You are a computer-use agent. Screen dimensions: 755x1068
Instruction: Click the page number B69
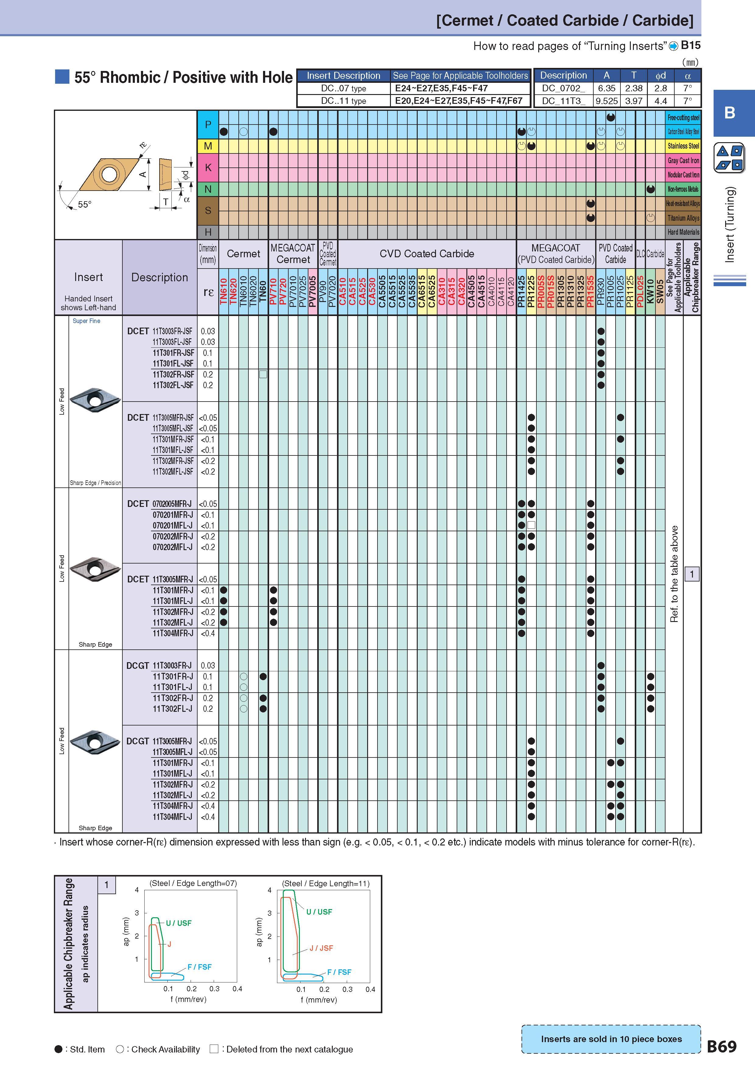point(722,1047)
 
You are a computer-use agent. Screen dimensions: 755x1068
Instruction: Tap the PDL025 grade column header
point(640,292)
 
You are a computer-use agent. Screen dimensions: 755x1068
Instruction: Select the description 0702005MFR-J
point(172,504)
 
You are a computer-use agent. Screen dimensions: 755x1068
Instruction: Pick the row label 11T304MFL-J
point(172,817)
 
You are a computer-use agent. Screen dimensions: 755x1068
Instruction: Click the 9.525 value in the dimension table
point(607,101)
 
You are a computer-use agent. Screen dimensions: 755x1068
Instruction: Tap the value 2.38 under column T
point(634,88)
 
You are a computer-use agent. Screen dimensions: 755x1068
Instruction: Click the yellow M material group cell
point(208,146)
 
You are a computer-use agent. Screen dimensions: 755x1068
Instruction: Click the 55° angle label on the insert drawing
point(85,205)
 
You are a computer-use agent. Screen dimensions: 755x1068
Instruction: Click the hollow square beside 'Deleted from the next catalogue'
point(214,1049)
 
